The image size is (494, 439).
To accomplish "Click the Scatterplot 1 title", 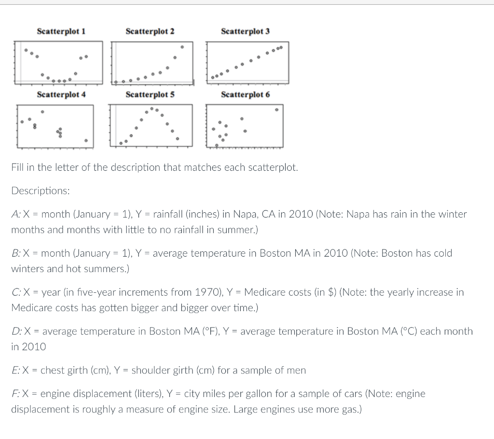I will pos(61,31).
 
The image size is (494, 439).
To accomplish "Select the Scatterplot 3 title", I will pos(245,31).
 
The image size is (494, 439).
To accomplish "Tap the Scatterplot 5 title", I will pos(150,95).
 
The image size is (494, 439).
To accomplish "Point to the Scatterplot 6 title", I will pos(245,95).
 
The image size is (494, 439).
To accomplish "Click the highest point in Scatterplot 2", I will pos(182,47).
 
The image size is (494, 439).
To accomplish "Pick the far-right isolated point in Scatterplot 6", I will pos(277,110).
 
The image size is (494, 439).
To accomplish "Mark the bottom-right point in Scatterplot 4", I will pos(86,141).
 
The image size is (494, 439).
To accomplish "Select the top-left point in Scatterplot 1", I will pos(27,50).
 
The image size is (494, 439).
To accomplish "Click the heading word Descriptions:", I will pos(41,191).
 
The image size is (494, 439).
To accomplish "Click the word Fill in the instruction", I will pos(17,167).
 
